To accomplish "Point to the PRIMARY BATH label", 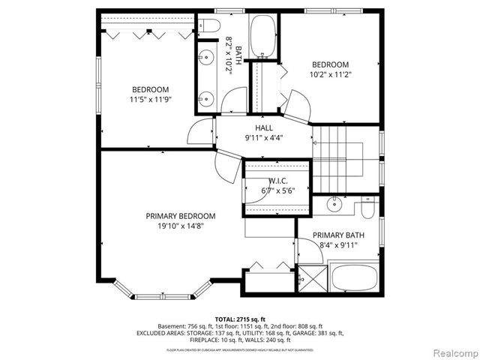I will [338, 235].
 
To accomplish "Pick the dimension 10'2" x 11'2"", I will [330, 74].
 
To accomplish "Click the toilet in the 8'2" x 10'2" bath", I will [210, 28].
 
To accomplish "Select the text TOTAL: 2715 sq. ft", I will [240, 319].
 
